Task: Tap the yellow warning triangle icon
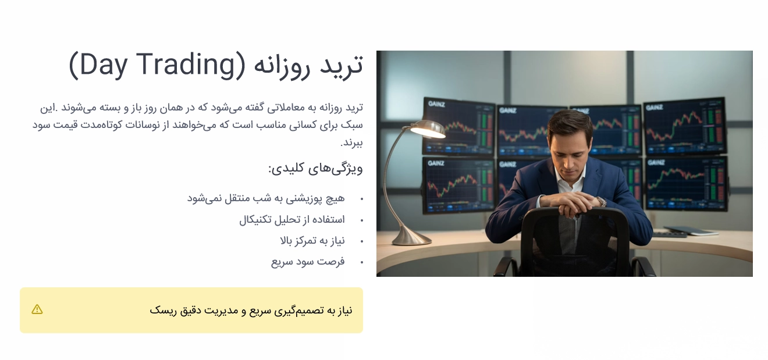(x=37, y=309)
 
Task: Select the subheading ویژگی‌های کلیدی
(x=316, y=169)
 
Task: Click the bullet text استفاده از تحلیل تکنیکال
(x=292, y=220)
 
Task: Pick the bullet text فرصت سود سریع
(x=308, y=262)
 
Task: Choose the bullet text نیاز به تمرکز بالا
(x=312, y=241)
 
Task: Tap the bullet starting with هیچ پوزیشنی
(x=266, y=198)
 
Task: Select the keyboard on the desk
(x=669, y=234)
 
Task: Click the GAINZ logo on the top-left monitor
(x=436, y=104)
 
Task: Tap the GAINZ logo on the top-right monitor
(x=655, y=107)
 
